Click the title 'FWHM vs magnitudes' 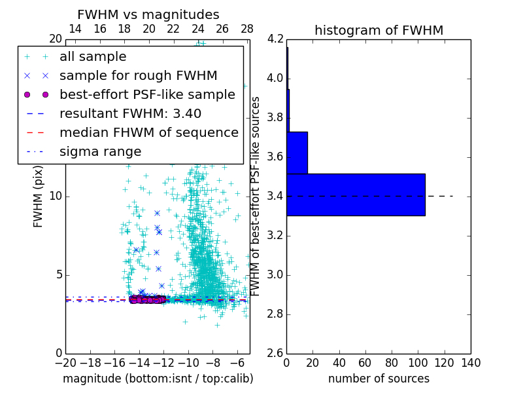[148, 15]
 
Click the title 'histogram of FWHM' [379, 30]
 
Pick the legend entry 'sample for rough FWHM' [138, 76]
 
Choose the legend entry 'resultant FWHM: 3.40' [130, 114]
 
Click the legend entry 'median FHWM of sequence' [148, 133]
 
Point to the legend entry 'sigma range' [100, 152]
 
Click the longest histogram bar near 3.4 [356, 195]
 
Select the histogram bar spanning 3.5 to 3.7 [297, 153]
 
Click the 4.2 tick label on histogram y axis [275, 39]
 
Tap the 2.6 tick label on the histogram [275, 353]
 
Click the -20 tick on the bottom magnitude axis [65, 363]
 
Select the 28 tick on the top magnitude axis [247, 29]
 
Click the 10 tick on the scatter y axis [56, 196]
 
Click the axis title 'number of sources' [379, 379]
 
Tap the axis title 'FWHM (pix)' [39, 196]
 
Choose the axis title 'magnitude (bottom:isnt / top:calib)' [158, 379]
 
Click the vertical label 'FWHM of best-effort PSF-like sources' [256, 196]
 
